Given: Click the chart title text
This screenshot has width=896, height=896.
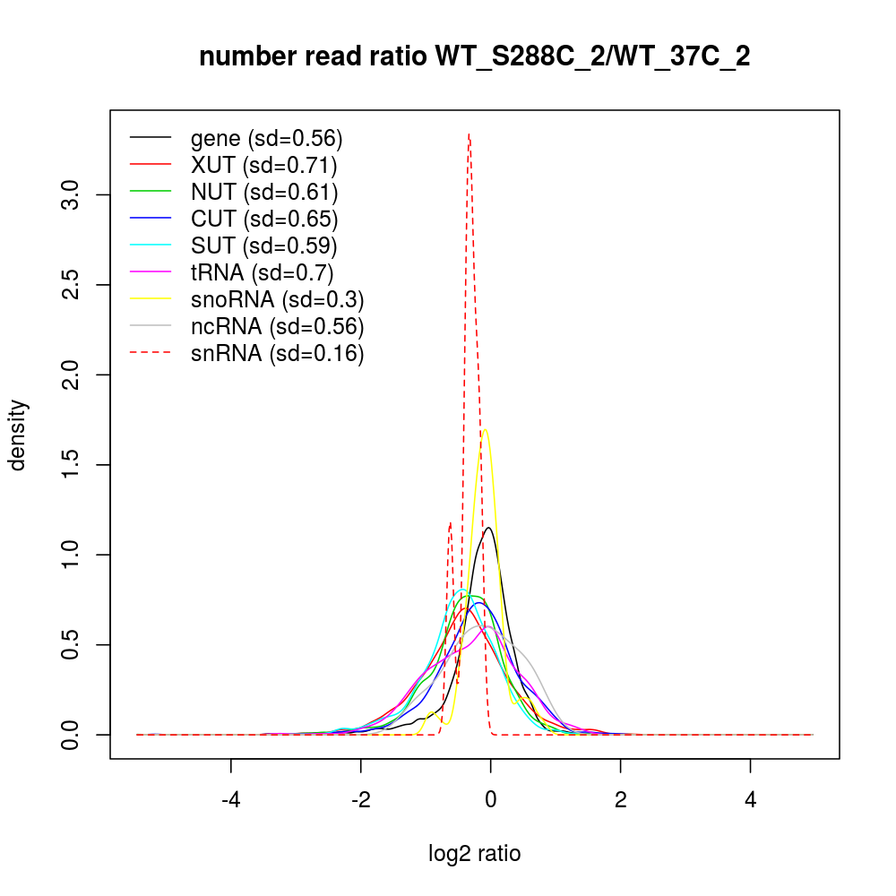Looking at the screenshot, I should pos(474,57).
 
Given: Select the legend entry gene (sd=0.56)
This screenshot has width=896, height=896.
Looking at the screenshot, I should pos(266,139).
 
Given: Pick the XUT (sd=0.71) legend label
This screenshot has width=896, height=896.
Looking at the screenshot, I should pos(263,165).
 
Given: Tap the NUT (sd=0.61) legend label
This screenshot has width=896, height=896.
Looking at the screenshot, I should pos(264,192).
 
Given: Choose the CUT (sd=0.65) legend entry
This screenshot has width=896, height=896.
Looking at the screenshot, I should pos(264,219).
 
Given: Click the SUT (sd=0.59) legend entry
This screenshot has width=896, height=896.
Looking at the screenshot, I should pos(263,246).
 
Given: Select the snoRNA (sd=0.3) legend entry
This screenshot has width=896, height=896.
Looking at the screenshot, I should pos(277,299).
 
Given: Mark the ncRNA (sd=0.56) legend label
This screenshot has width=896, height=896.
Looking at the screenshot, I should pos(277,326).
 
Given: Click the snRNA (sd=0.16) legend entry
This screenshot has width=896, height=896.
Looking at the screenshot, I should pos(277,353).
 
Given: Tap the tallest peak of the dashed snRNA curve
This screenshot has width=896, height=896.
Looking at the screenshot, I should pos(469,134).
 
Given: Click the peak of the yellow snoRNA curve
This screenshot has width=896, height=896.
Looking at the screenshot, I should pos(485,430).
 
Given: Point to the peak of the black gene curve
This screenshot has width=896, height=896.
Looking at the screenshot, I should pos(489,528).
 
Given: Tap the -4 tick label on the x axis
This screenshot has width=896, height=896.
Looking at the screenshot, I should pos(231,798).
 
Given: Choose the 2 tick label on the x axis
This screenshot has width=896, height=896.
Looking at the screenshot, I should pos(620,798).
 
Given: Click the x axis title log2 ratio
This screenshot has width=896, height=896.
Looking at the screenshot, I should pos(474,853).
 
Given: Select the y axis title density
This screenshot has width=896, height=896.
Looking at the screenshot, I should pos(19,435).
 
